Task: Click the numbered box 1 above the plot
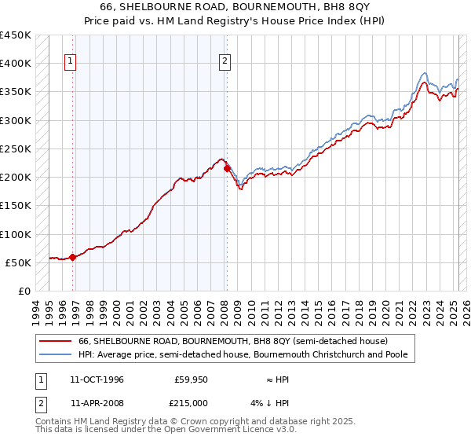71,62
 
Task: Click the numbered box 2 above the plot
225,62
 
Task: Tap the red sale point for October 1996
72,257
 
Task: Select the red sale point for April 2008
227,168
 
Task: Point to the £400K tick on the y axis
16,64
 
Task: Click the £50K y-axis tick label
19,262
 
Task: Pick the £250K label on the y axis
16,148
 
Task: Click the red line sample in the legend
56,341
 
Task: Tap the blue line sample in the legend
56,354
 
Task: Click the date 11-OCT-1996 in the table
97,379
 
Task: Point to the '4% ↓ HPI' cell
270,403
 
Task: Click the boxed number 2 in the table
39,403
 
